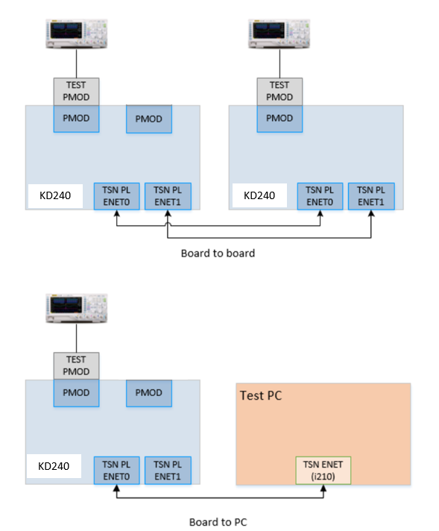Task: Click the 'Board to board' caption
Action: coord(218,253)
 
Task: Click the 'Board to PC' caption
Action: coord(218,522)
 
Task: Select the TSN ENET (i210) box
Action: coord(323,470)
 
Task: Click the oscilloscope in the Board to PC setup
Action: coord(76,306)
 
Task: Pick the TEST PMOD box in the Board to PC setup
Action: coord(76,365)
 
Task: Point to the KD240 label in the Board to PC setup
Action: coord(53,466)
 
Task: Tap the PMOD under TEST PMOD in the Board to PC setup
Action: coord(76,393)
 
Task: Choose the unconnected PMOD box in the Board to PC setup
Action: coord(149,393)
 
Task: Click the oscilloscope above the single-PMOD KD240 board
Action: coord(279,31)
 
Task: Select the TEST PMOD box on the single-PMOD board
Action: coord(279,91)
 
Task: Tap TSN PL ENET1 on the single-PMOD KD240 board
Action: coord(371,196)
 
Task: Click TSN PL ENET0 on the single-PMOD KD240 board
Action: coord(320,196)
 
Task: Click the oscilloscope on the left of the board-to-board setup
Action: coord(76,31)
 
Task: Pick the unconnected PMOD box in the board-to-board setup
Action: coord(149,119)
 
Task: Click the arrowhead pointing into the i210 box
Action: coord(323,488)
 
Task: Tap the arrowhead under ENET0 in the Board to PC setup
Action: coord(116,488)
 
